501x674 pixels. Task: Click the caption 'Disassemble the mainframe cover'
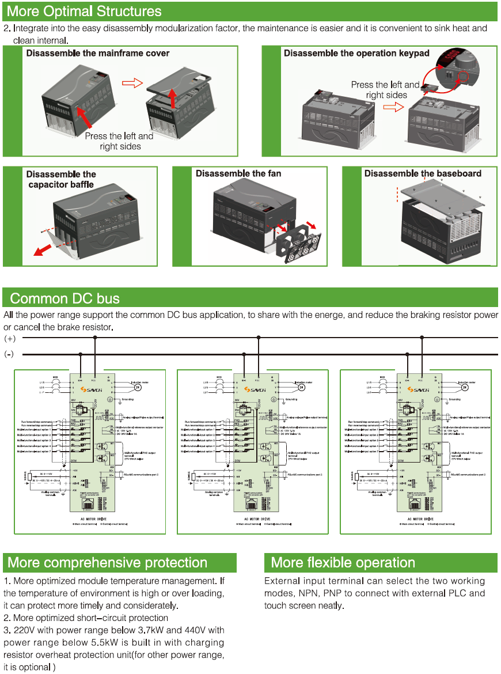(x=98, y=53)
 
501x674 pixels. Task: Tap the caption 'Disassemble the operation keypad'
(x=356, y=53)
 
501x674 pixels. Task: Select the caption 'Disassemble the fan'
(x=238, y=173)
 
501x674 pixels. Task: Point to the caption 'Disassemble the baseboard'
(x=423, y=173)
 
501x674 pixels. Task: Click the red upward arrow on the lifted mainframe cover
(x=173, y=96)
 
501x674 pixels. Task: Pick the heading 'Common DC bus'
(x=65, y=298)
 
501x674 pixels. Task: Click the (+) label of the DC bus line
(x=10, y=338)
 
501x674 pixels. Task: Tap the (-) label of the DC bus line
(x=10, y=354)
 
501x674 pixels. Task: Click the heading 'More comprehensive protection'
(x=107, y=563)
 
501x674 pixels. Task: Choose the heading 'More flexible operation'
(x=343, y=563)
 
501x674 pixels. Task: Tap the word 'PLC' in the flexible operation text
(x=461, y=593)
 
